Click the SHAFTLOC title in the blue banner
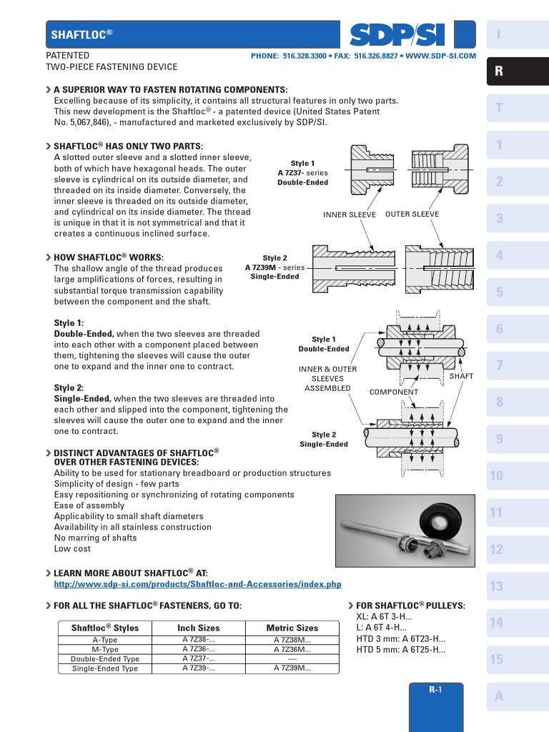pos(81,34)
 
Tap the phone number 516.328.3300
pos(305,56)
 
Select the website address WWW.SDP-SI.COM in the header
pos(440,56)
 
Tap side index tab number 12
pos(497,550)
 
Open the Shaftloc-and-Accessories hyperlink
pos(198,585)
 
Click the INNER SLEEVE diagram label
pos(350,214)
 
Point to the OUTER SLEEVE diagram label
pos(412,214)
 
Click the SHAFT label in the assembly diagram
pos(461,376)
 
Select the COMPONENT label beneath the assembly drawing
pos(393,392)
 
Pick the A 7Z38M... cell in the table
pos(292,640)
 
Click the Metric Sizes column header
pos(292,628)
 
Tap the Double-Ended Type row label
pos(105,659)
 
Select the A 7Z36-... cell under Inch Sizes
pos(199,650)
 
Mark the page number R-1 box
pos(435,690)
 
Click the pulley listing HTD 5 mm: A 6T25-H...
pos(400,650)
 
